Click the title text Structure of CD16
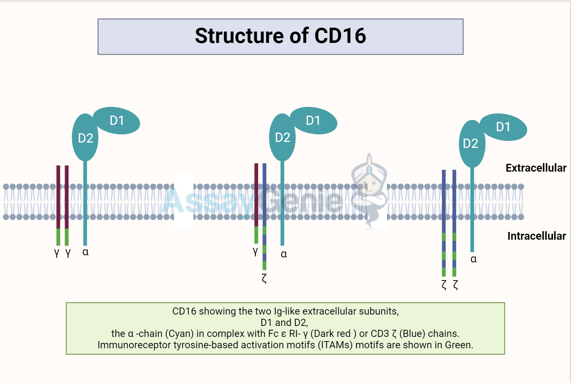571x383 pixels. click(x=280, y=36)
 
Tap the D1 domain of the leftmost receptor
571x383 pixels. click(x=117, y=121)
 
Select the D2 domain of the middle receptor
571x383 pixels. click(x=282, y=138)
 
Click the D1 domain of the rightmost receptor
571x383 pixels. click(x=503, y=127)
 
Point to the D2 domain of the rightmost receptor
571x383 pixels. click(x=471, y=144)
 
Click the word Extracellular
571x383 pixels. click(x=535, y=168)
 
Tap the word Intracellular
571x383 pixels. click(x=536, y=236)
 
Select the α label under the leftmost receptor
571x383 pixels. click(x=85, y=252)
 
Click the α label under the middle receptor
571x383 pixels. click(x=284, y=254)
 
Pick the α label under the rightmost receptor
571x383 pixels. click(x=473, y=259)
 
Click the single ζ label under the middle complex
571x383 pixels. click(x=264, y=278)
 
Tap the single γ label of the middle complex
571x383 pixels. click(x=255, y=251)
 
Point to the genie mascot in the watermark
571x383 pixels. click(x=369, y=191)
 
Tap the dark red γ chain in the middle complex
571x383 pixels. click(x=256, y=195)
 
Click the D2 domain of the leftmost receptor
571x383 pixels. click(x=85, y=138)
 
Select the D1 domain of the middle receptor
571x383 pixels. click(x=313, y=121)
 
